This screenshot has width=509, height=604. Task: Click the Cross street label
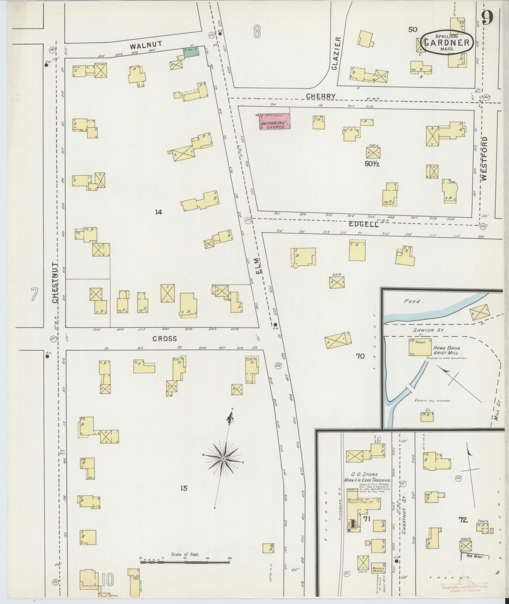coord(164,339)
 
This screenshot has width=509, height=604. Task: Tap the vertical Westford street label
coord(484,159)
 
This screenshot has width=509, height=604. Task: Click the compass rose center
coord(223,458)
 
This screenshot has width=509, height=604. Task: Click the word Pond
coord(412,301)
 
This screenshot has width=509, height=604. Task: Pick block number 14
coord(158,212)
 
